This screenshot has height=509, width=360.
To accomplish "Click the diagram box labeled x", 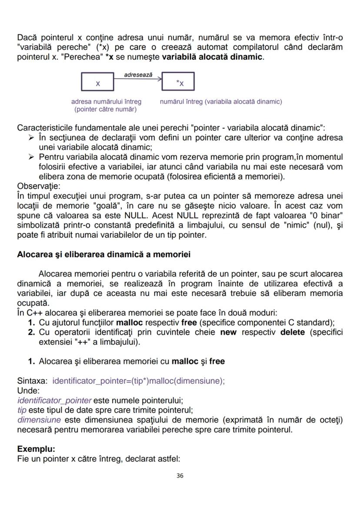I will (97, 82).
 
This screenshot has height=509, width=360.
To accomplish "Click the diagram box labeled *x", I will (178, 82).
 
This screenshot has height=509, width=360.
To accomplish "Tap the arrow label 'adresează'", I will (138, 75).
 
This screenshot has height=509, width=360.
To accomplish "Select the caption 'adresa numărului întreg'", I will (106, 102).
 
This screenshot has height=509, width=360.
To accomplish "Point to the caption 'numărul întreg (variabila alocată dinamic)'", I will (221, 102).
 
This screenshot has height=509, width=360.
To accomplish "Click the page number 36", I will (180, 476).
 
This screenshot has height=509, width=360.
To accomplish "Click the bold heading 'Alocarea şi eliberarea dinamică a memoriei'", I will (103, 255).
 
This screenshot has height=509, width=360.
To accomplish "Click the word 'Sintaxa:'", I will (33, 381).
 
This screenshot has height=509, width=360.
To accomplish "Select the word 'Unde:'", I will (28, 390).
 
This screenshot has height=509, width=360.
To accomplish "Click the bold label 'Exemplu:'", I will (33, 448).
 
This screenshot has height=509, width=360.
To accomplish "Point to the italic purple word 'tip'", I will (22, 409).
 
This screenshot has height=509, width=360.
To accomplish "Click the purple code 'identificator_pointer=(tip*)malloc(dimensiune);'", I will (138, 381).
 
